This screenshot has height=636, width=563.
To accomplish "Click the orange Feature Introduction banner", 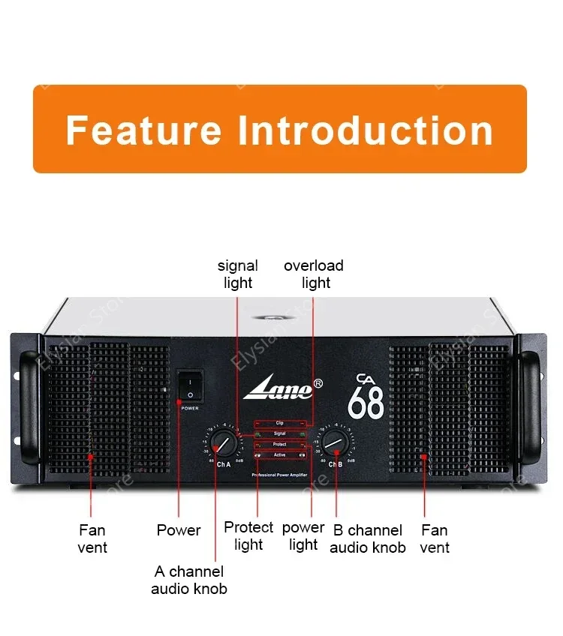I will [279, 129].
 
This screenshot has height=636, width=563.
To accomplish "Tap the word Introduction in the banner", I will [366, 130].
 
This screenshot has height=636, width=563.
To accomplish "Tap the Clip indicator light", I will [279, 424].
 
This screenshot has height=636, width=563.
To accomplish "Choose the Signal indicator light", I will [279, 433].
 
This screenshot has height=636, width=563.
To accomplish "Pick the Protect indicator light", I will [279, 444].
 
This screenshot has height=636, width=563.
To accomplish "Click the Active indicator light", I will [279, 454].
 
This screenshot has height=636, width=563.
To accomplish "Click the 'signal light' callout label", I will [237, 274].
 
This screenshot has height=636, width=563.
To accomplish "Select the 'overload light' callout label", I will [314, 274].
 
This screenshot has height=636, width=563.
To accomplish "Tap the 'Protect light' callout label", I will [248, 535].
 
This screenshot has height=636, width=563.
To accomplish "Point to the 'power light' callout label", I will [303, 535].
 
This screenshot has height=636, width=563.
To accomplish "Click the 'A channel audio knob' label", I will [189, 580].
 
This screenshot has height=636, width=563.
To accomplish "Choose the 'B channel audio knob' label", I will [368, 538].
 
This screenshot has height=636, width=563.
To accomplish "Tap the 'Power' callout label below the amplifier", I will [179, 530].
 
